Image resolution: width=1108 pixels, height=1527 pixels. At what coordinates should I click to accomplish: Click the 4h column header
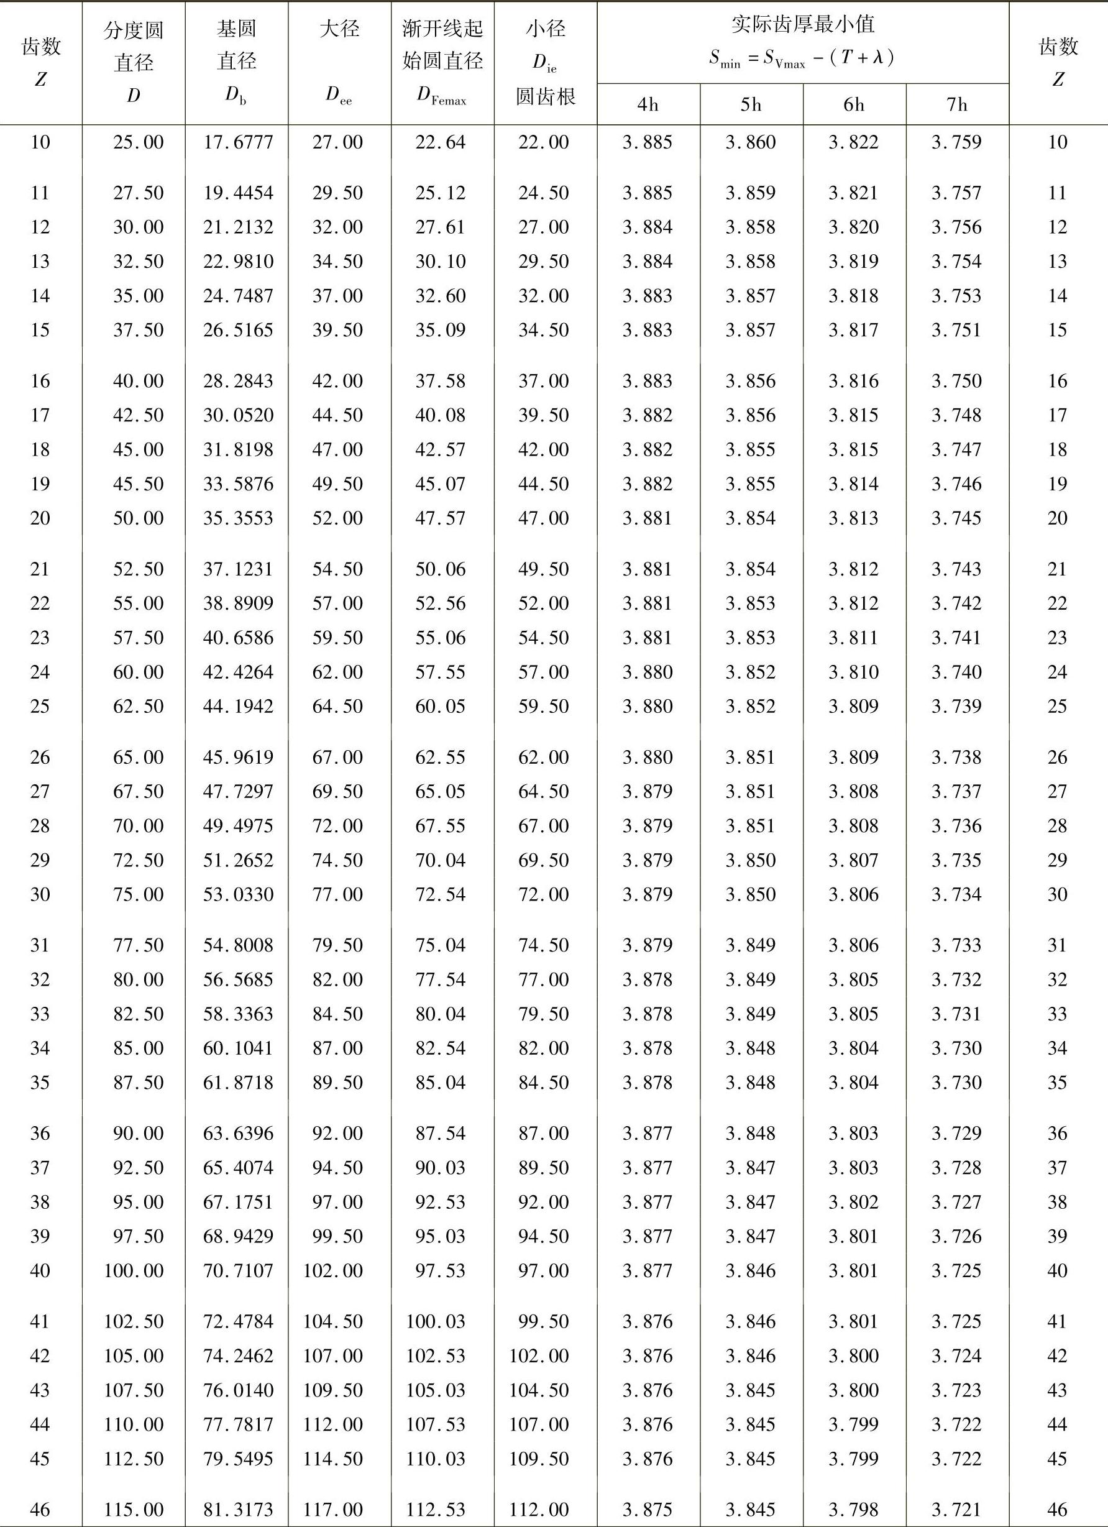point(648,104)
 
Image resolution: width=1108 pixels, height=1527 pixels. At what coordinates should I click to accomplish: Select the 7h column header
point(956,104)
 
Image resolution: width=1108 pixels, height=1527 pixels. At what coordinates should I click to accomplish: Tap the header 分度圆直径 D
point(133,63)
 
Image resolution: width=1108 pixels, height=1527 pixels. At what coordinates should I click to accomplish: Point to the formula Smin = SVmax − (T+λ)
point(802,59)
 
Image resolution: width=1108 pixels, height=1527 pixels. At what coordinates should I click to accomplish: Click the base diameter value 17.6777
point(237,142)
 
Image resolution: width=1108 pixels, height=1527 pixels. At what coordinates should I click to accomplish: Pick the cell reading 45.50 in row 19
point(138,484)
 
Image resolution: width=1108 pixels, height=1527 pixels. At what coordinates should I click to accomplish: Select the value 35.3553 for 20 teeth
point(237,518)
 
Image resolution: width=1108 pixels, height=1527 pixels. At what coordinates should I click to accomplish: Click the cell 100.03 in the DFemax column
point(436,1321)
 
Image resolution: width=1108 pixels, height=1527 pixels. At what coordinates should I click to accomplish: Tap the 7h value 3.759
point(956,142)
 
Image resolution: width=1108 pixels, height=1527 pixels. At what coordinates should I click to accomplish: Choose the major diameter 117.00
point(333,1509)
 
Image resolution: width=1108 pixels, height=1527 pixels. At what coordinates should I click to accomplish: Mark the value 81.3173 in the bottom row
point(237,1509)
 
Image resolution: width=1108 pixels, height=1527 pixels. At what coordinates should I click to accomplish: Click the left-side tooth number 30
point(40,894)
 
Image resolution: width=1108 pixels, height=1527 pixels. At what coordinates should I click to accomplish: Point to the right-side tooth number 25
point(1057,705)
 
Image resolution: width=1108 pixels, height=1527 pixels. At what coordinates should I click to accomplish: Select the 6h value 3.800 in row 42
point(854,1355)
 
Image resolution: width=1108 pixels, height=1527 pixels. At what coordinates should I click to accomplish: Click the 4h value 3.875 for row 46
point(648,1509)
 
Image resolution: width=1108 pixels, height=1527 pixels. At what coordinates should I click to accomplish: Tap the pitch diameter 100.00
point(133,1270)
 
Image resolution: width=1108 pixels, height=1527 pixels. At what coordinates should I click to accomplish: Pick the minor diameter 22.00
point(543,142)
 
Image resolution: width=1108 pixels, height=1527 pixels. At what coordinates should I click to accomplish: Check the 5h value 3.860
point(751,142)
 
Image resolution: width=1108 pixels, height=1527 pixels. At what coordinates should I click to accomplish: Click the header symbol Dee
point(339,95)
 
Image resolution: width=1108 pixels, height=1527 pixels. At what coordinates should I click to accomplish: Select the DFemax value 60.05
point(440,705)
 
